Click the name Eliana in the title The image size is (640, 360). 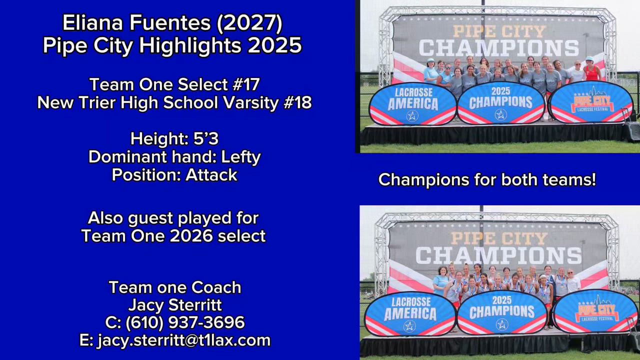[x=93, y=23]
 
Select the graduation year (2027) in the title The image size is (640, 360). [x=249, y=23]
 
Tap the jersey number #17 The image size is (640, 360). [x=246, y=84]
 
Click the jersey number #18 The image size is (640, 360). [x=297, y=102]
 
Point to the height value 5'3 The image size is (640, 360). [x=206, y=139]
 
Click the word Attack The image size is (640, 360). [x=211, y=175]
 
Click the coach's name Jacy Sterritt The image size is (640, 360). [x=175, y=305]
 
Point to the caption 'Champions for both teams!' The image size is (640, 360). [x=487, y=179]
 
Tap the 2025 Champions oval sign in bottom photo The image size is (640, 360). [x=502, y=312]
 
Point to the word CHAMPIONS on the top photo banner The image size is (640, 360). [x=499, y=48]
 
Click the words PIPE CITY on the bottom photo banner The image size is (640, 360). [x=499, y=239]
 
